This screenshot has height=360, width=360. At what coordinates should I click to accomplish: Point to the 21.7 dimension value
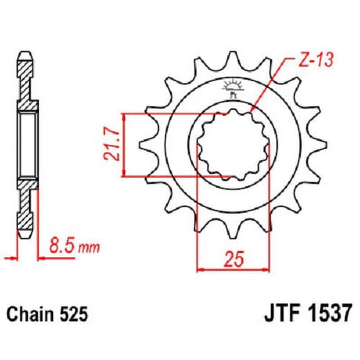tap(114, 145)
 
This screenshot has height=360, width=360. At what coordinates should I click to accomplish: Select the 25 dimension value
tap(232, 257)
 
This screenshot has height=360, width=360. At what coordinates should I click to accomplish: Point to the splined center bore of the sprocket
tap(232, 145)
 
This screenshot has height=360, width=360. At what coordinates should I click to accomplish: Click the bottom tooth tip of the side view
tap(25, 237)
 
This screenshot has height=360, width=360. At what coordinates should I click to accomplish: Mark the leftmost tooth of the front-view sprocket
tap(140, 145)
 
